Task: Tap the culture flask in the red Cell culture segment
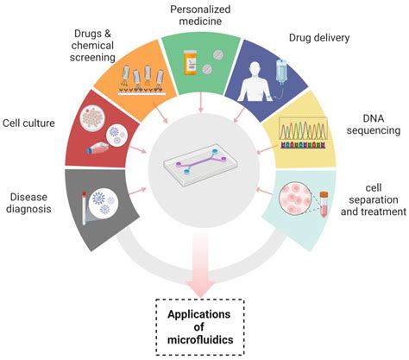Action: pos(98,147)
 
